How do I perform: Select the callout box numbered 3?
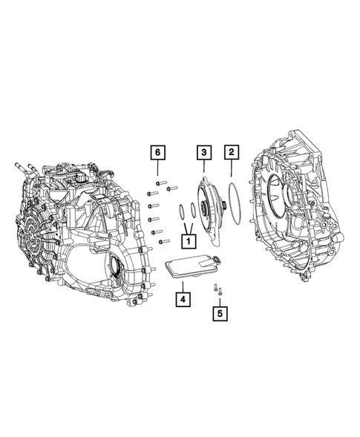[x=202, y=152]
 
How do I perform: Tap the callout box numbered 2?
[x=232, y=152]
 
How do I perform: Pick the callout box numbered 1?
[x=189, y=240]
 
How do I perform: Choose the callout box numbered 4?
[x=181, y=299]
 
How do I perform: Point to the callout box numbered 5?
[x=218, y=314]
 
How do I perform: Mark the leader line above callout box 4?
[x=181, y=286]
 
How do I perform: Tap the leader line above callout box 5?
[x=218, y=300]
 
